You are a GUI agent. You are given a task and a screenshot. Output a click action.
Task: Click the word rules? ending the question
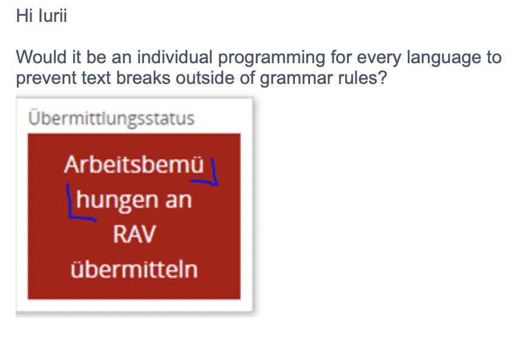362,78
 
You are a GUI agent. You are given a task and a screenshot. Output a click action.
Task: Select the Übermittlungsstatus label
111,118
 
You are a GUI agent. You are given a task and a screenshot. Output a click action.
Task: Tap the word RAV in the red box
134,234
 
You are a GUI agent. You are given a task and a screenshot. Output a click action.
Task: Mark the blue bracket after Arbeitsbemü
214,181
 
